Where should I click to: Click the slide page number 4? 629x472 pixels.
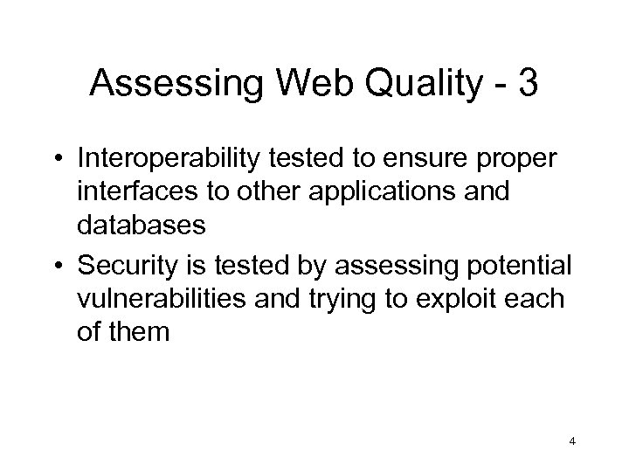(x=571, y=443)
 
